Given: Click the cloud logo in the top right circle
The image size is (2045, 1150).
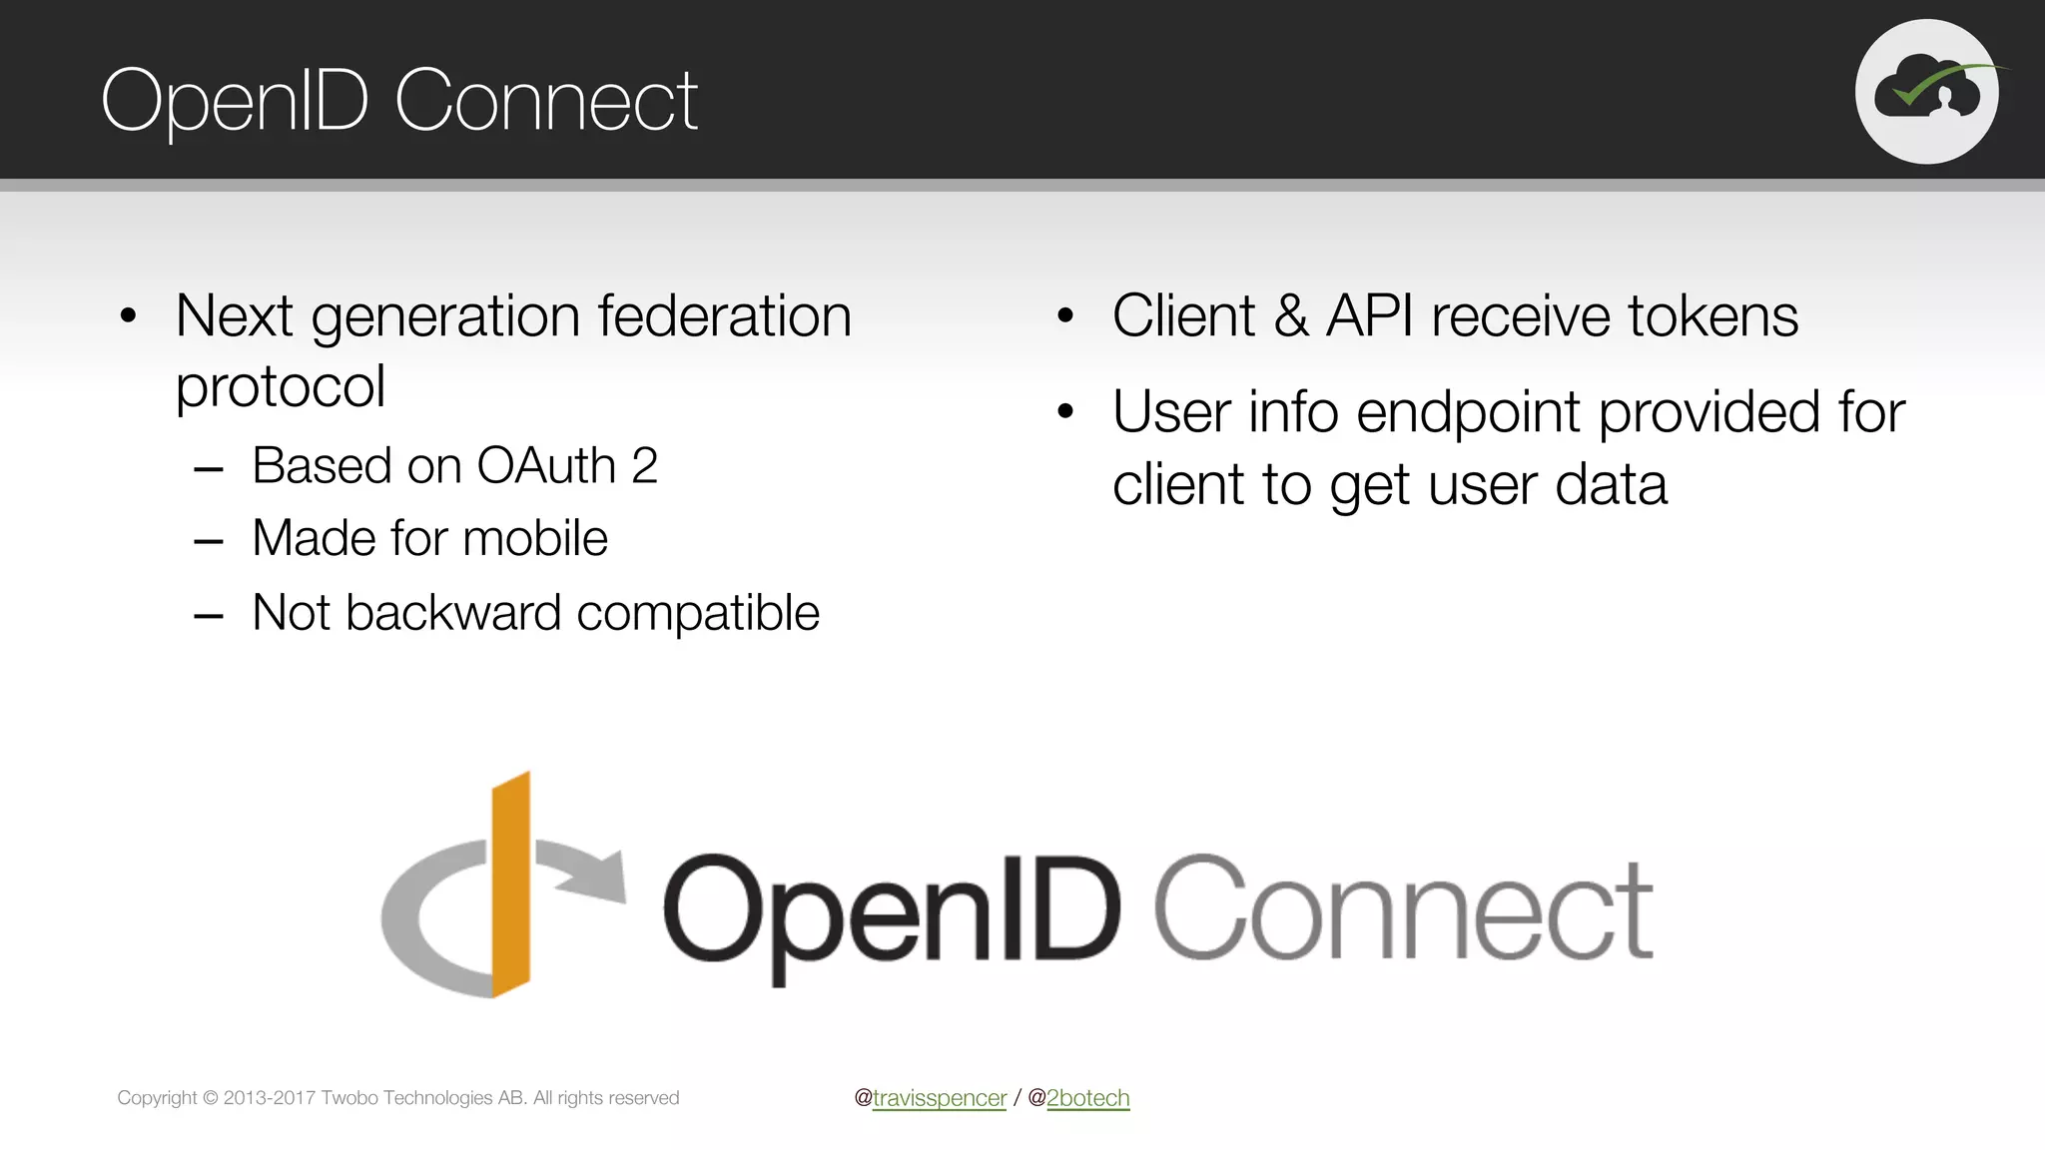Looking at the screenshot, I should [1927, 92].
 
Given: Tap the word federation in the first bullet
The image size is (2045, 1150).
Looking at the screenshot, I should [724, 316].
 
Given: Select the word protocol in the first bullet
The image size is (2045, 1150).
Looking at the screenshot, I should [280, 387].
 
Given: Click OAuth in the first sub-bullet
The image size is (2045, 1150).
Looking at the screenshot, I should [546, 466].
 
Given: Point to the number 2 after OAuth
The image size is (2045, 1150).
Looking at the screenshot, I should [645, 466].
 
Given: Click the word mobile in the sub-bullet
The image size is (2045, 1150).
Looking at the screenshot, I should [535, 539].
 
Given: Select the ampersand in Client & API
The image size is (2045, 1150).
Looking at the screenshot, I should [1290, 316].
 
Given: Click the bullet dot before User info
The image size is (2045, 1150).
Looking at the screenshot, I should [1065, 411].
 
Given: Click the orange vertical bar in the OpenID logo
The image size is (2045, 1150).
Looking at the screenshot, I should [510, 884].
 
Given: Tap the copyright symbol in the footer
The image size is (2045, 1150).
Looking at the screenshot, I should [211, 1098].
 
